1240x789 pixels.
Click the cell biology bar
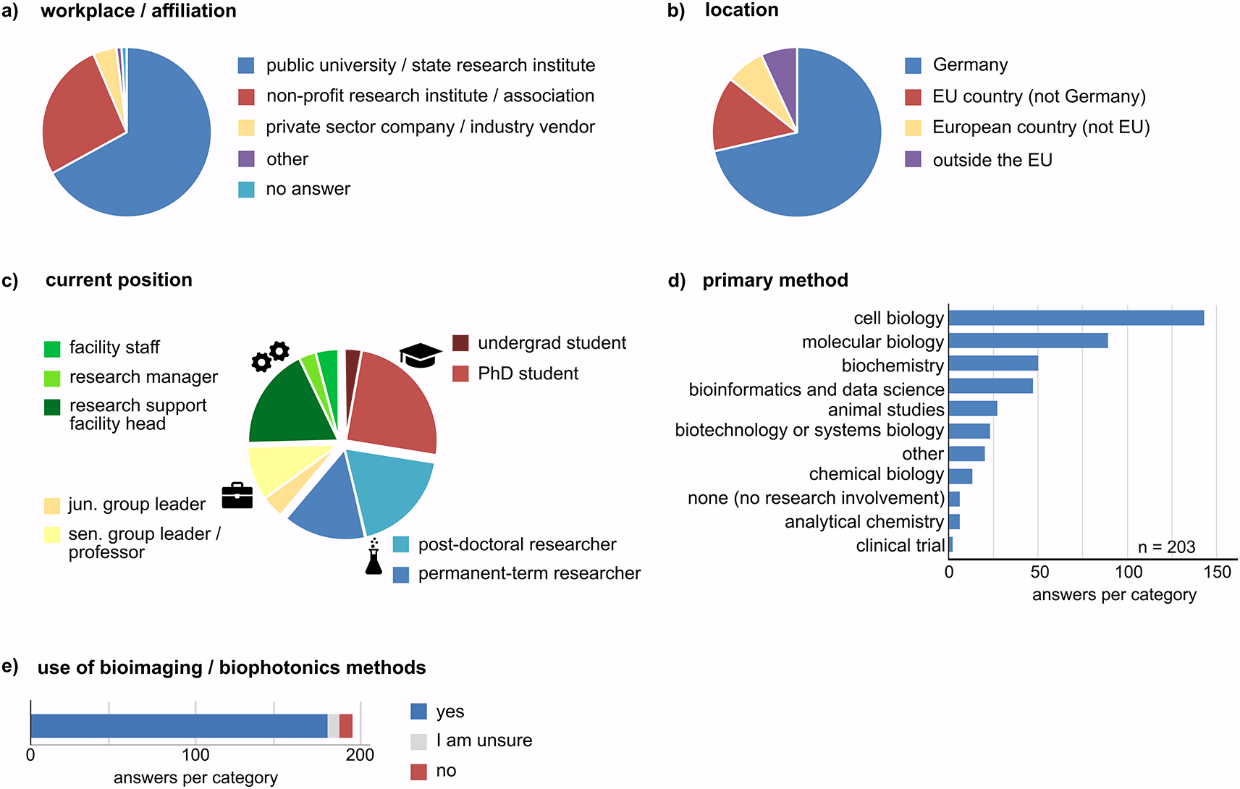pos(1076,318)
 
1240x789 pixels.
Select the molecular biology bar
pos(1028,341)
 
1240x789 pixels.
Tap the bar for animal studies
pos(972,409)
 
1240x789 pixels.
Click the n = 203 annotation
pos(1166,547)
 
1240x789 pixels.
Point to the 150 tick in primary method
pos(1217,573)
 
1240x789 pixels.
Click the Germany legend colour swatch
pos(913,66)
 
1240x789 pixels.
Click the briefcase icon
pos(237,496)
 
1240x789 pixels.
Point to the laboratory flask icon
pos(374,557)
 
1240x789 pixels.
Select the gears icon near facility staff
pos(270,356)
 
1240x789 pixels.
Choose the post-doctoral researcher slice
pos(391,489)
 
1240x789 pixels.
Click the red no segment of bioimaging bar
pos(345,726)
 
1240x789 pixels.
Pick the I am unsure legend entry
pos(484,741)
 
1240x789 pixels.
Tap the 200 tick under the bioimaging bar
pos(360,755)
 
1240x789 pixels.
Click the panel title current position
pos(119,280)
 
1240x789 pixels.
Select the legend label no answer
pos(308,190)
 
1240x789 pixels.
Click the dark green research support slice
pos(290,409)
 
